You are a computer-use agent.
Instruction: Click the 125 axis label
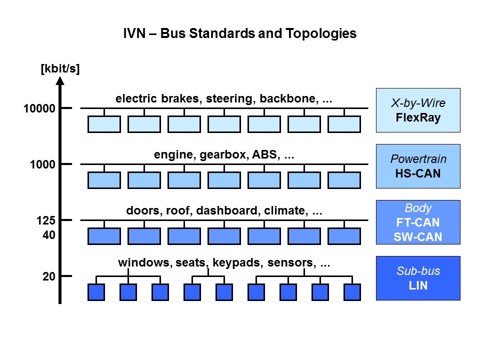point(45,220)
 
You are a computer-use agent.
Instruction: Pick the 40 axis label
point(48,234)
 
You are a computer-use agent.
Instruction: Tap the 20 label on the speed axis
point(48,276)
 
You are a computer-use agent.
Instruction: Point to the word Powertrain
point(417,159)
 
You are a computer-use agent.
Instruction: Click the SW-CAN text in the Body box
point(417,237)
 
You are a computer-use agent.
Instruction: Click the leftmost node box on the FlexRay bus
point(104,124)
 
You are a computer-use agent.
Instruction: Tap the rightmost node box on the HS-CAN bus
point(344,180)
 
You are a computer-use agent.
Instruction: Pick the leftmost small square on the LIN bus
point(96,292)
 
